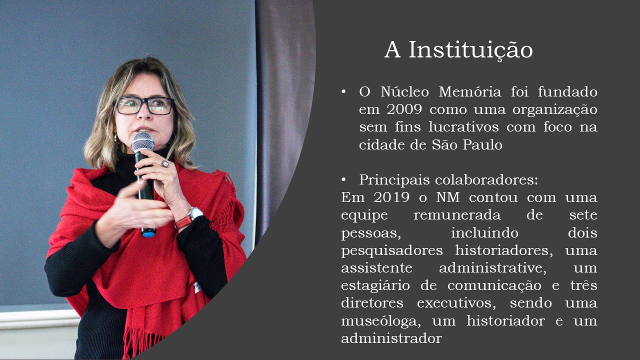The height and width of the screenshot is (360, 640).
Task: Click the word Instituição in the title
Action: (x=471, y=50)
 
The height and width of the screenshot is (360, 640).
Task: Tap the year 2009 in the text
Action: (x=404, y=109)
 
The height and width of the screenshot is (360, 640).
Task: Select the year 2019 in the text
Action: (x=391, y=197)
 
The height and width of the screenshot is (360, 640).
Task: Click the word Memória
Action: (x=470, y=91)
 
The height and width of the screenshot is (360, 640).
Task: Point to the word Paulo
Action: (x=482, y=144)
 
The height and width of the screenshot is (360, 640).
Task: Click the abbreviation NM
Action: (x=447, y=197)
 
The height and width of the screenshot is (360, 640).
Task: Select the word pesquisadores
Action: (x=391, y=251)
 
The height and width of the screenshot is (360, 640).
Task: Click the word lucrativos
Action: (x=463, y=127)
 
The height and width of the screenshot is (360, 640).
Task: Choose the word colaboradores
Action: (x=486, y=180)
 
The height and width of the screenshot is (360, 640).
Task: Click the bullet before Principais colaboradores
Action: (x=343, y=180)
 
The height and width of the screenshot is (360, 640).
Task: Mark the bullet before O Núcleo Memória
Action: (x=343, y=91)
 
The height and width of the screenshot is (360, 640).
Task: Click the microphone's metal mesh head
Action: (x=142, y=141)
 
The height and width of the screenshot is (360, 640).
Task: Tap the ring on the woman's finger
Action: (x=165, y=163)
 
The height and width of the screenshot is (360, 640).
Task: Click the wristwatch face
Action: (x=196, y=213)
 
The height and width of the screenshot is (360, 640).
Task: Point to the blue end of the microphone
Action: (x=149, y=234)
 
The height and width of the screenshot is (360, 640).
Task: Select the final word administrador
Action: (x=391, y=338)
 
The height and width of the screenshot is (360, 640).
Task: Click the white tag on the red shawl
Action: (x=197, y=287)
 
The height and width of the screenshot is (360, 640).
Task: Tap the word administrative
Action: (x=492, y=268)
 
